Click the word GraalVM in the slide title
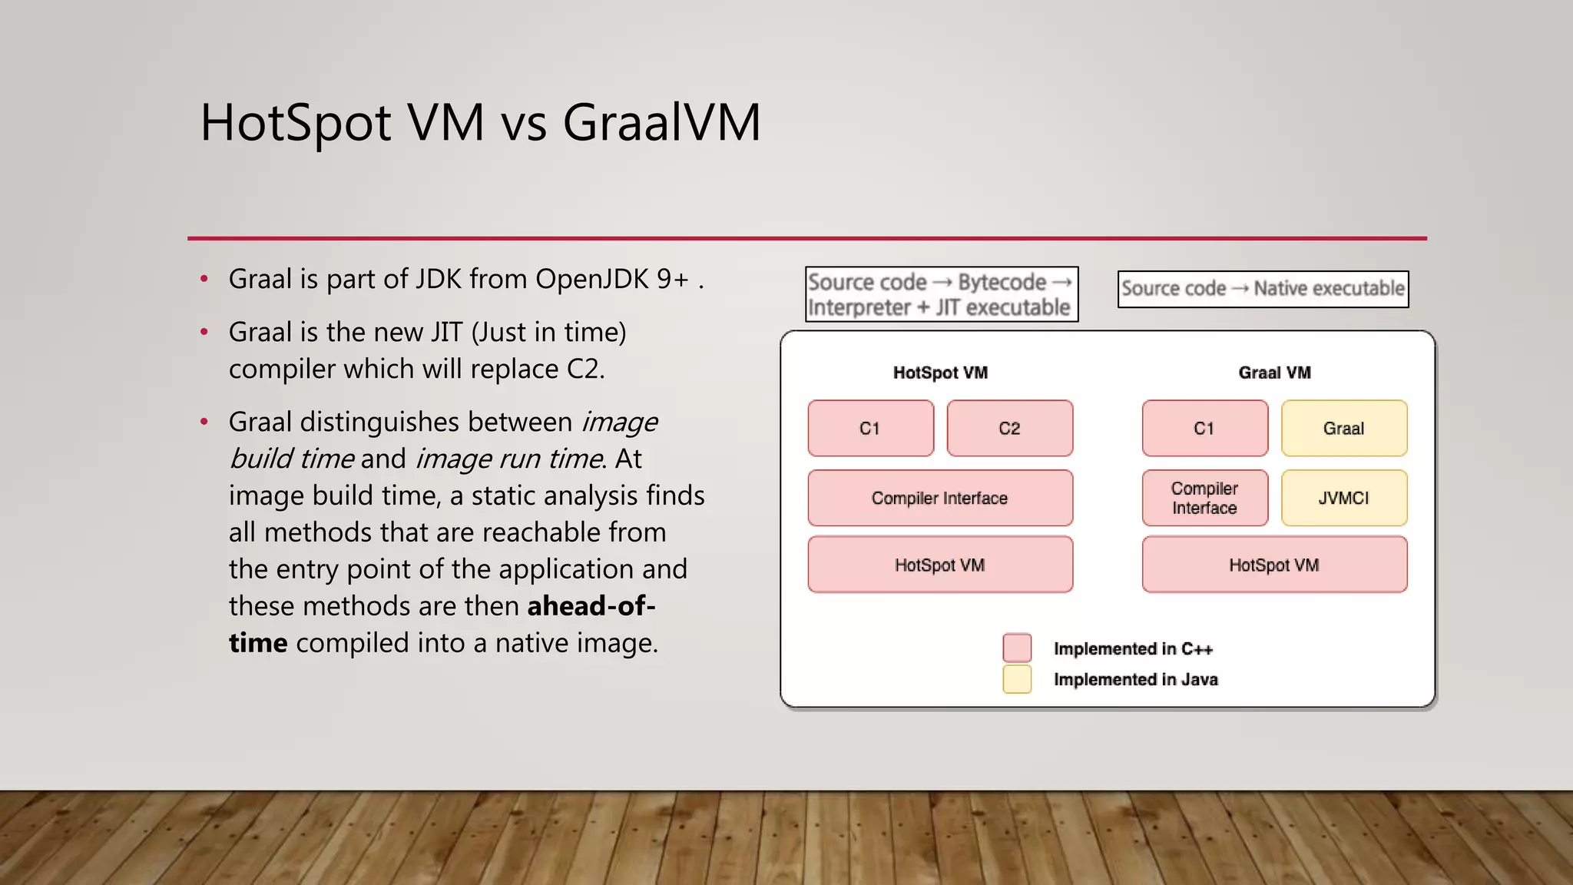click(x=661, y=123)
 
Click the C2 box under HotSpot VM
click(x=1009, y=429)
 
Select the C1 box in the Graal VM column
click(x=1204, y=429)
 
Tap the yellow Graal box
click(x=1343, y=429)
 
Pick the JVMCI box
click(x=1343, y=498)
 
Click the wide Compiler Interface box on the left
click(x=939, y=498)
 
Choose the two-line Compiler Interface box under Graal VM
click(x=1204, y=498)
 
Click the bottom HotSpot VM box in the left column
click(x=939, y=565)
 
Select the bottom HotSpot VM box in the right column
click(x=1273, y=565)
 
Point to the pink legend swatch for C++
click(x=1017, y=648)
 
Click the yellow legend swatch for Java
click(x=1017, y=679)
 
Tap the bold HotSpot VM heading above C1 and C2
click(x=940, y=373)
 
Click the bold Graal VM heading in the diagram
click(x=1274, y=373)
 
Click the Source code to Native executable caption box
click(x=1263, y=289)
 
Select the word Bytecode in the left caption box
click(x=1002, y=282)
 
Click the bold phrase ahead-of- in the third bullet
click(x=591, y=606)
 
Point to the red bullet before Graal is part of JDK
click(x=204, y=280)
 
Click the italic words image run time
click(x=508, y=459)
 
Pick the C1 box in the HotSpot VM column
click(x=869, y=429)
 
